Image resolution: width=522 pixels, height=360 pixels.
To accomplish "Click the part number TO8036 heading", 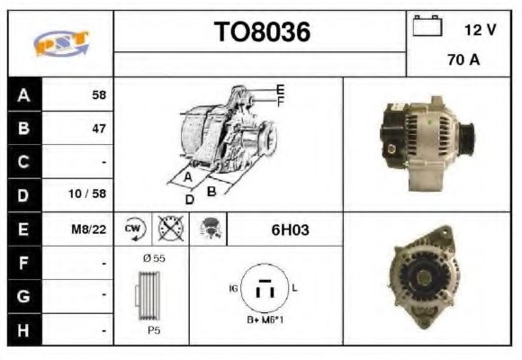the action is pyautogui.click(x=262, y=32).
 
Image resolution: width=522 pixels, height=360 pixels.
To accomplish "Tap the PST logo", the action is pyautogui.click(x=61, y=43).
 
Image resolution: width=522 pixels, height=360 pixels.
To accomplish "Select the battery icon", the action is pyautogui.click(x=427, y=25).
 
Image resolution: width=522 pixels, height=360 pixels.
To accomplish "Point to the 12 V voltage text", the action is pyautogui.click(x=480, y=30).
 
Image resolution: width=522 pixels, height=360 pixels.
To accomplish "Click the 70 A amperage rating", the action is pyautogui.click(x=463, y=59).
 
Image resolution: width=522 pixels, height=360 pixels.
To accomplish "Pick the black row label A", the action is pyautogui.click(x=24, y=94).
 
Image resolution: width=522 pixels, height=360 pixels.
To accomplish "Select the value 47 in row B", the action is pyautogui.click(x=99, y=129).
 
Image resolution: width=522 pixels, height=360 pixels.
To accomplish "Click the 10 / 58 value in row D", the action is pyautogui.click(x=87, y=193).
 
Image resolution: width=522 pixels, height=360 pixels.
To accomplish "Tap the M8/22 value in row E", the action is pyautogui.click(x=88, y=229).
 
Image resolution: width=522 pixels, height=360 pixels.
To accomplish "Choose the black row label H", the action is pyautogui.click(x=24, y=330).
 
